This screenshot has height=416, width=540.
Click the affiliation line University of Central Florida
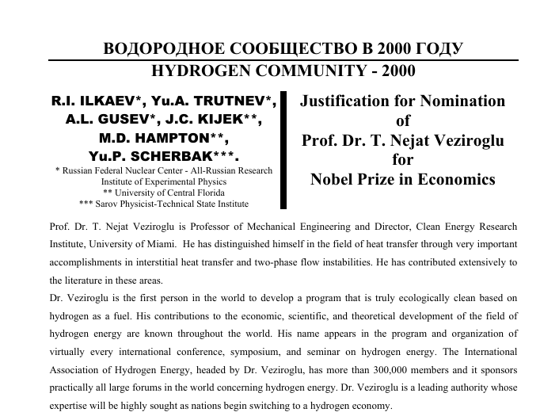pos(164,192)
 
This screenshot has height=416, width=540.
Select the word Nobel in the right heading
pos(333,178)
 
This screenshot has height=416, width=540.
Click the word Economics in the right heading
pos(454,178)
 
